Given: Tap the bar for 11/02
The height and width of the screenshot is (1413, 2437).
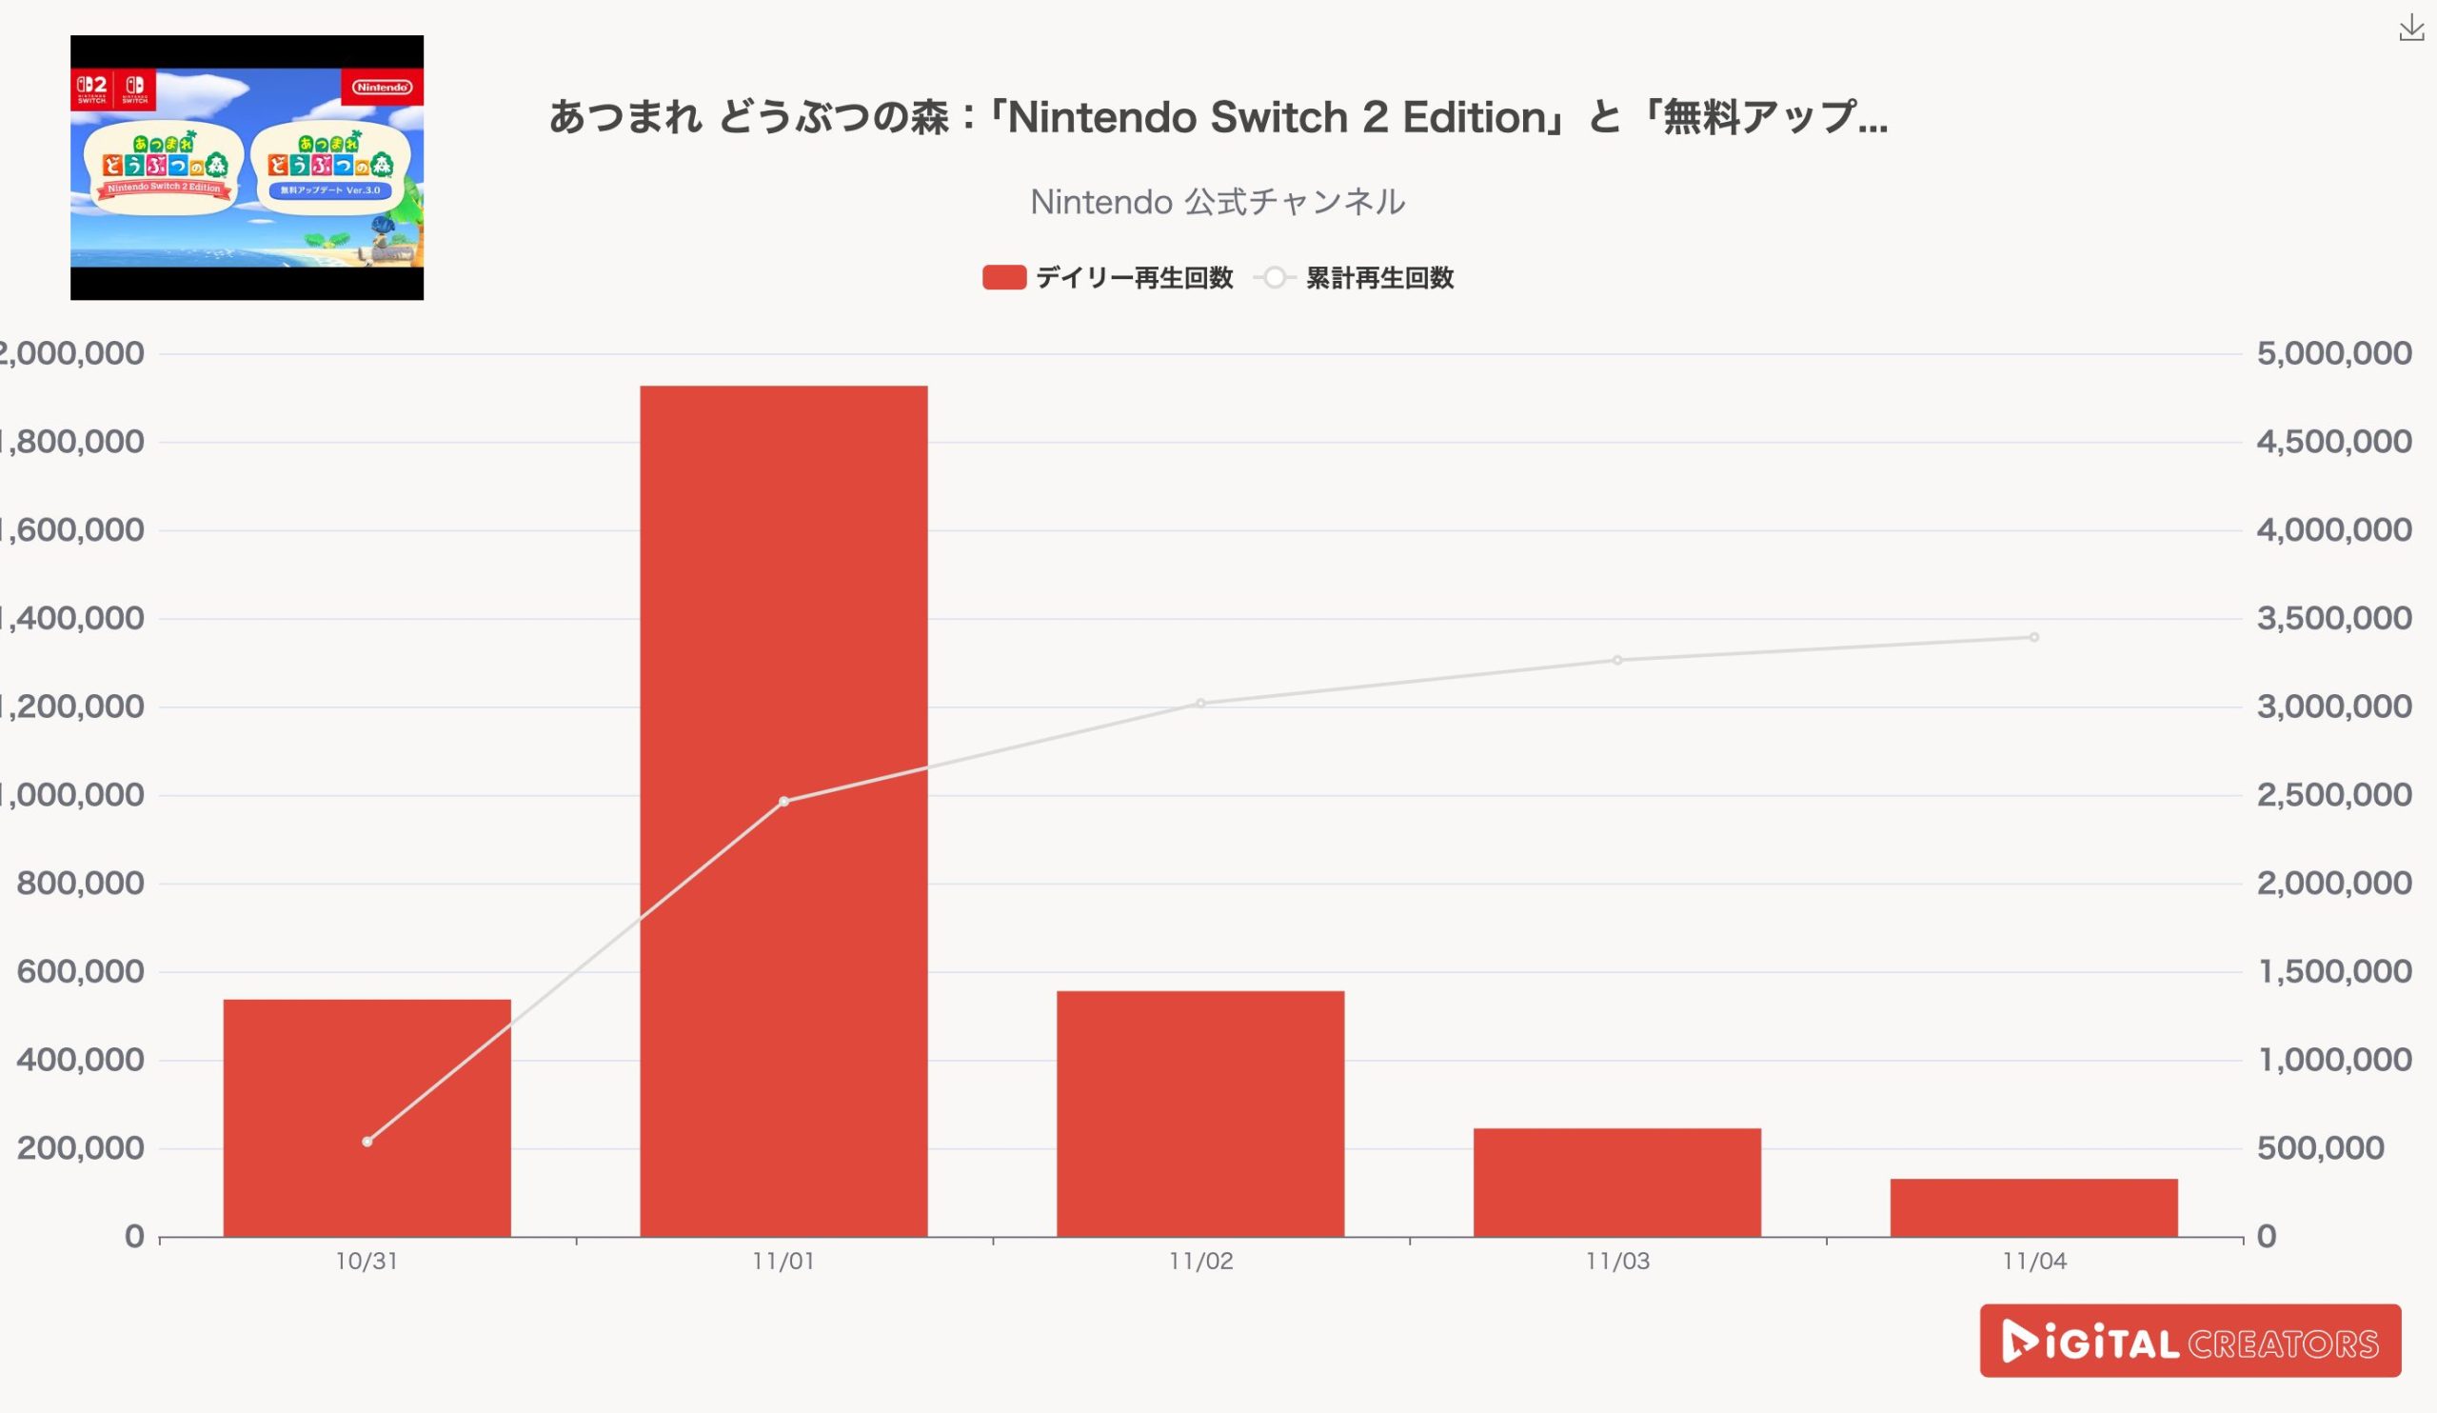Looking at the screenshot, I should point(1200,1112).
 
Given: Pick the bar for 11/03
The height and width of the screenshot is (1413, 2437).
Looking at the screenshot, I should point(1617,1182).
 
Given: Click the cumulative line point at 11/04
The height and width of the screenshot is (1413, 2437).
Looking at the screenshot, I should point(2033,637).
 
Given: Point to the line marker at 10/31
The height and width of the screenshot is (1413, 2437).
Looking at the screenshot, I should point(367,1142).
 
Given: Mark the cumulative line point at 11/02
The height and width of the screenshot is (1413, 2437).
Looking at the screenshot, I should point(1200,703).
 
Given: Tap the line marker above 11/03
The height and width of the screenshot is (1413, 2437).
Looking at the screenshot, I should point(1617,661).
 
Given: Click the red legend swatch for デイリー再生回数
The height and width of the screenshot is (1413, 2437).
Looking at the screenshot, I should point(1003,279).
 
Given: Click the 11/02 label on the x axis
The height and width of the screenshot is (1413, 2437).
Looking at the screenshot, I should point(1200,1262).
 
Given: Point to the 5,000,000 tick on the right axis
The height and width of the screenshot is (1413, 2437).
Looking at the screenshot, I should point(2333,354).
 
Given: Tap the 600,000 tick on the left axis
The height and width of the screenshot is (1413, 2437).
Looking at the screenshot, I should point(80,972).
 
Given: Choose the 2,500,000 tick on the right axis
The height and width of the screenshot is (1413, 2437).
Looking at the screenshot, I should point(2333,795).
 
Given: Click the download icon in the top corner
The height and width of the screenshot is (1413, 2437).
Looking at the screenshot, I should point(2411,30).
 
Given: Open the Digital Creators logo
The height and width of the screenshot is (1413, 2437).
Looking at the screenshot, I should point(2189,1341).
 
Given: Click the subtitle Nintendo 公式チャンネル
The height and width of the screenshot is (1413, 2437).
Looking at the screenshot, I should point(1218,202).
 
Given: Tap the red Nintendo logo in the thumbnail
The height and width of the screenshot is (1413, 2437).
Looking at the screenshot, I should point(382,87).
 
